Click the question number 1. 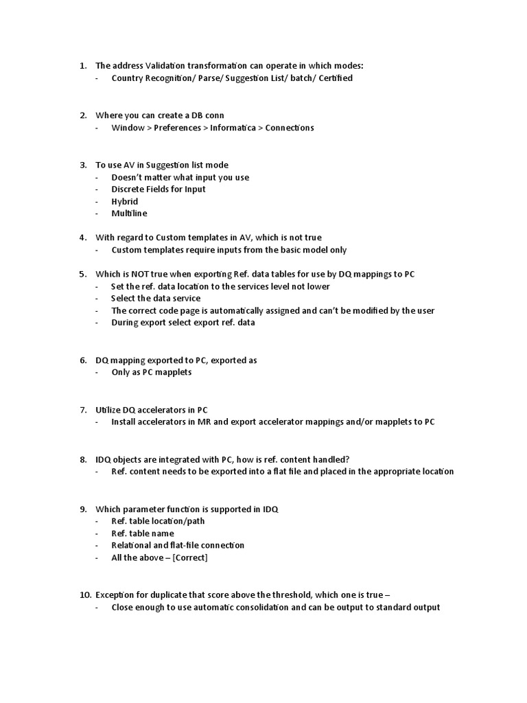[82, 66]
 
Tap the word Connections [290, 128]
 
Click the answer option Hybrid [125, 202]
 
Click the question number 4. [82, 238]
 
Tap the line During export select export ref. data [183, 323]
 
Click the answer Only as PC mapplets [152, 372]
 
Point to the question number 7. [82, 410]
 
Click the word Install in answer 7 [125, 422]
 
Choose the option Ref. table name [143, 533]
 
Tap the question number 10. [81, 595]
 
